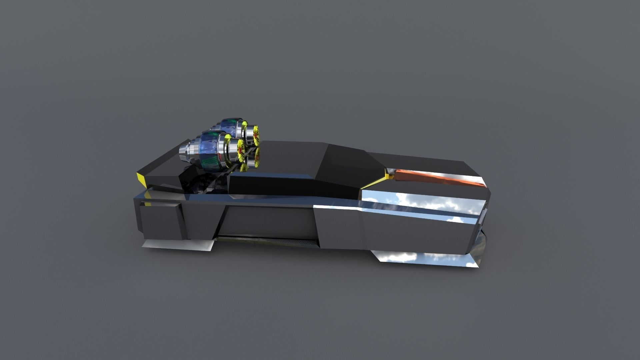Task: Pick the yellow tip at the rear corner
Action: pos(141,180)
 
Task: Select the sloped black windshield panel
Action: pos(347,163)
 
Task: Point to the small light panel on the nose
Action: pos(485,213)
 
